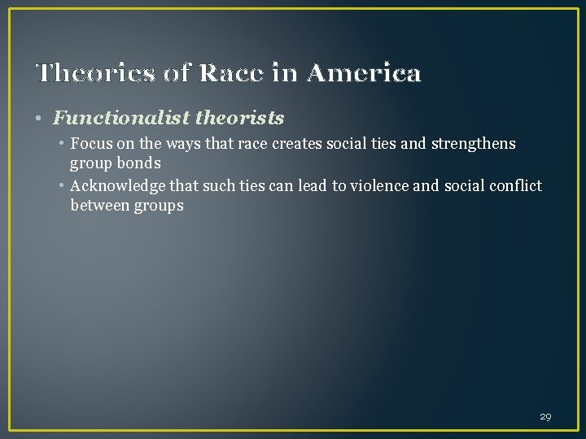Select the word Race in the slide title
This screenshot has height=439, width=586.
click(242, 74)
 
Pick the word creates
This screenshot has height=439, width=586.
click(286, 145)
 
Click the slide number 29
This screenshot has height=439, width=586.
click(545, 416)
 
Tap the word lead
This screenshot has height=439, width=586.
click(312, 187)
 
